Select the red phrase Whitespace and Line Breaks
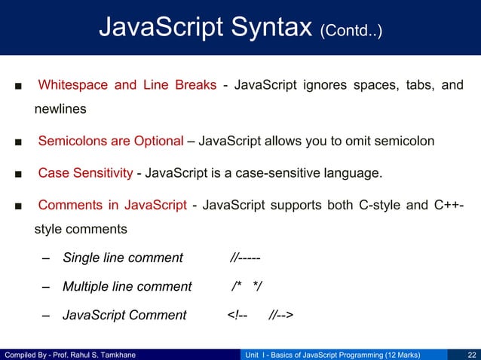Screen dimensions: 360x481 (x=127, y=84)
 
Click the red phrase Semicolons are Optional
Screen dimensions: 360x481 (x=111, y=141)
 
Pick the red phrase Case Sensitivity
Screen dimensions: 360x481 (x=85, y=175)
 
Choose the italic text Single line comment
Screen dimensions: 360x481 (x=123, y=258)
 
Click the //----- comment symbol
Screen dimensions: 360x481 (x=246, y=258)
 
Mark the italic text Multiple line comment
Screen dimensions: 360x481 (x=127, y=286)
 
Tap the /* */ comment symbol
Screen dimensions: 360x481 (x=247, y=286)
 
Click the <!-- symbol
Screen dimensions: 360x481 (x=237, y=315)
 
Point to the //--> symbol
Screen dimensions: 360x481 (x=281, y=315)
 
